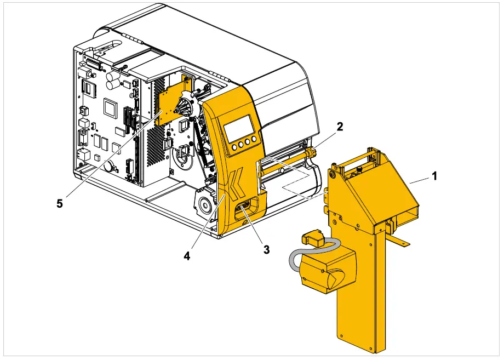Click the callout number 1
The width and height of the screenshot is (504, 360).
[x=434, y=177]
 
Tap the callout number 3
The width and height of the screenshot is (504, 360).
[x=266, y=249]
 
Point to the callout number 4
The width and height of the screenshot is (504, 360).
[x=187, y=256]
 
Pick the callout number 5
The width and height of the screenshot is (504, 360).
[x=60, y=203]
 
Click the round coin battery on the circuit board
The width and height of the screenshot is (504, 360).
[x=109, y=165]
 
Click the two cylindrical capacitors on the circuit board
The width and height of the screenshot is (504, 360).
[x=113, y=82]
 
